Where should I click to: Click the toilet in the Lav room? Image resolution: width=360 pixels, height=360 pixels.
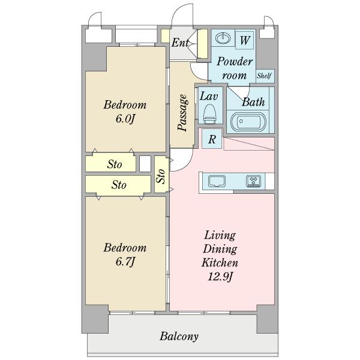210,113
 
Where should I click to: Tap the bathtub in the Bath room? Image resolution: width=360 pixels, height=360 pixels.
248,121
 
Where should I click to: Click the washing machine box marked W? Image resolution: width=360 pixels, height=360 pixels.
245,40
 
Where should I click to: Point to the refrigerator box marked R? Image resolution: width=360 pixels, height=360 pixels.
212,139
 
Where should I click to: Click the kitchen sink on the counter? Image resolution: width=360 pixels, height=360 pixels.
217,181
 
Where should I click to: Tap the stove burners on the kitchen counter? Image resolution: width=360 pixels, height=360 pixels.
253,181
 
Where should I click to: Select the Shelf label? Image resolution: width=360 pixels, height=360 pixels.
264,76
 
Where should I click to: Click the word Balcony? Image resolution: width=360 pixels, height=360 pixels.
179,337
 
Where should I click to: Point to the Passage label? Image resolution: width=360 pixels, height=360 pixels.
182,113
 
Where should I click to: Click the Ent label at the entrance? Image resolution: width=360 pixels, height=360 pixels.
181,43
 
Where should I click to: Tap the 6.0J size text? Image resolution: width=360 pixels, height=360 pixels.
125,119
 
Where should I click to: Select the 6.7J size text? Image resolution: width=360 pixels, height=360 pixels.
125,262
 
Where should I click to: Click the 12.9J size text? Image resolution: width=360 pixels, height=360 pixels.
220,277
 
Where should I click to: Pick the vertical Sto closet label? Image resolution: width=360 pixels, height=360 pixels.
161,176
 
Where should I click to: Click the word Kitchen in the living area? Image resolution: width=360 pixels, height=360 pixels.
220,263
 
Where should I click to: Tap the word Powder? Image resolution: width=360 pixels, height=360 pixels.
235,61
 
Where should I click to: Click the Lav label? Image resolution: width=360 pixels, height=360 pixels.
209,96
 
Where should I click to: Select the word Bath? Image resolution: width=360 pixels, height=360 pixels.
253,102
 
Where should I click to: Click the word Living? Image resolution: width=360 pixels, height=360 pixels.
220,236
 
